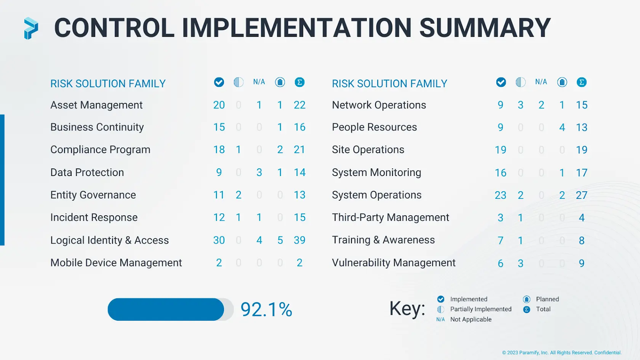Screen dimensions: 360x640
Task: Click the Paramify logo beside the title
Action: click(x=31, y=28)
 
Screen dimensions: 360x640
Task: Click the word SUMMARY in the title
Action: click(x=485, y=28)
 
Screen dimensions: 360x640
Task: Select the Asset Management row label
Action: click(x=96, y=105)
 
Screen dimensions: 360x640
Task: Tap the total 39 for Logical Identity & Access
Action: click(x=299, y=240)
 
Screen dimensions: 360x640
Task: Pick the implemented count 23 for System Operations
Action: click(x=500, y=195)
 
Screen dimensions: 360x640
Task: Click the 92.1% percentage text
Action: click(x=266, y=310)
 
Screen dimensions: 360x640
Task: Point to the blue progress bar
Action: click(x=166, y=309)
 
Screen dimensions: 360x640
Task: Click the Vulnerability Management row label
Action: click(x=394, y=263)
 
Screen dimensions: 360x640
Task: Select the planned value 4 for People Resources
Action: click(x=562, y=128)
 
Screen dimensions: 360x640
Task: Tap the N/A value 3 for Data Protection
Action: click(x=259, y=172)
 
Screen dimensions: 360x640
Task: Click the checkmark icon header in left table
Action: click(x=219, y=82)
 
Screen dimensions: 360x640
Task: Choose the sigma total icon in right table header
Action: click(x=582, y=82)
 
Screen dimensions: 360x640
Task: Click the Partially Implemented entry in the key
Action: click(x=480, y=309)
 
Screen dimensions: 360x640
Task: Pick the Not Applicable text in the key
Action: click(x=471, y=319)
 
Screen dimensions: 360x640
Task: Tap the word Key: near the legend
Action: click(x=407, y=308)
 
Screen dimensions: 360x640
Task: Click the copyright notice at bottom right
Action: click(x=562, y=353)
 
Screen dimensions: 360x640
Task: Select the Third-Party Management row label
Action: click(x=390, y=218)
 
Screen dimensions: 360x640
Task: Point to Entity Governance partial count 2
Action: click(x=238, y=195)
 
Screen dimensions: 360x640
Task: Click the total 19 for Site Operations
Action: click(x=582, y=150)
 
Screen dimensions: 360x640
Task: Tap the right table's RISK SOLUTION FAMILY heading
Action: click(x=389, y=84)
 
